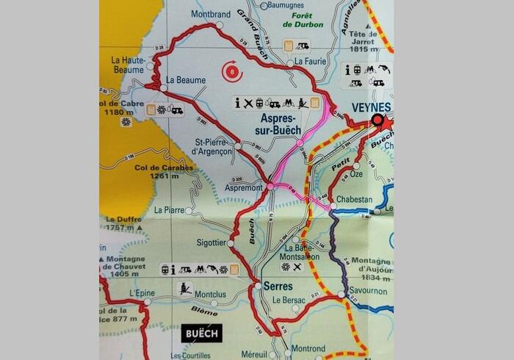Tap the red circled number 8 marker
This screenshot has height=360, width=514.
[233, 72]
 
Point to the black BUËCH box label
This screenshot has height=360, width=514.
[202, 332]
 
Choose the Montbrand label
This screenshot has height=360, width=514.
[210, 14]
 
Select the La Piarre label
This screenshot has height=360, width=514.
[169, 210]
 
